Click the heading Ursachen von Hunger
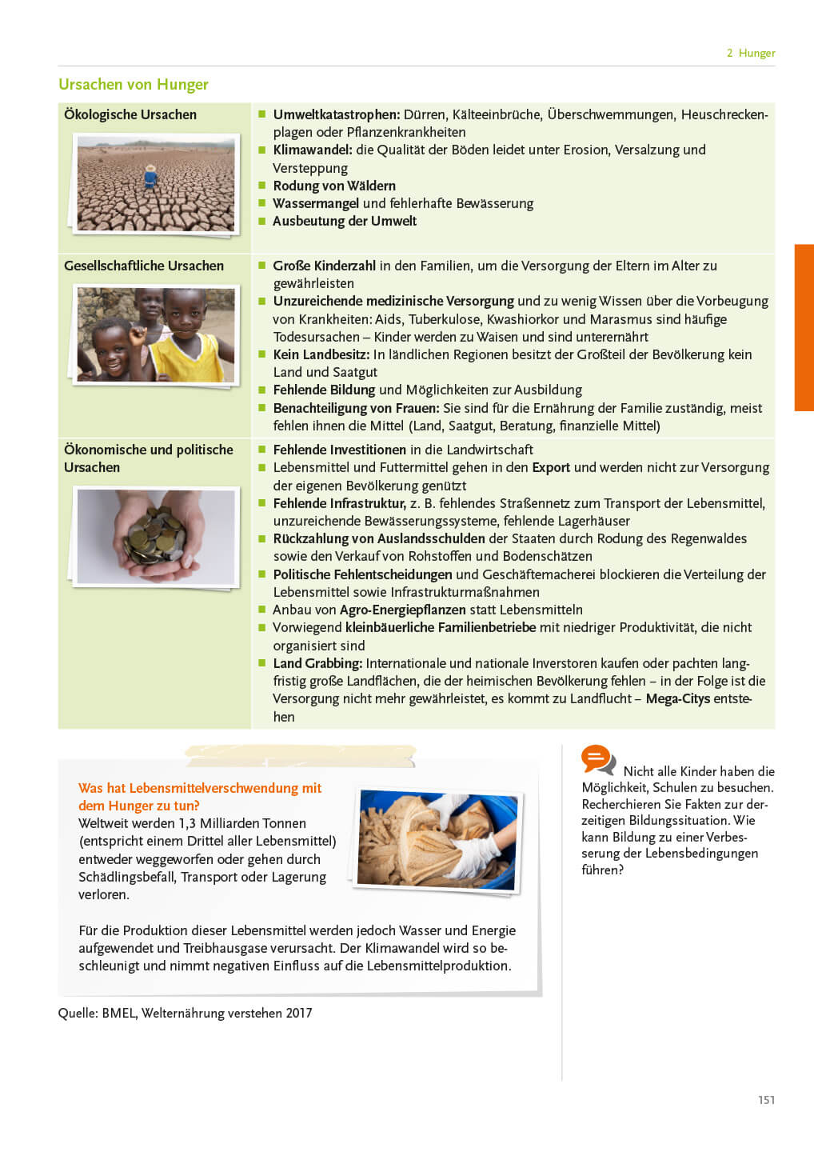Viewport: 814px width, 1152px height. (133, 85)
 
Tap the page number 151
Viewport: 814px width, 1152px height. (766, 1100)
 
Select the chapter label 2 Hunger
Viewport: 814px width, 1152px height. (750, 53)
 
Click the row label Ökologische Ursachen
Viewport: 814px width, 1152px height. (130, 114)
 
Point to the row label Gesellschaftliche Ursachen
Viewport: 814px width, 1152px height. (143, 266)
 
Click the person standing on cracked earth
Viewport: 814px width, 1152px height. (150, 177)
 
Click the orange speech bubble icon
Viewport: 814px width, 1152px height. (597, 758)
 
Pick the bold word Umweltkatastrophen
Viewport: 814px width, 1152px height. (336, 114)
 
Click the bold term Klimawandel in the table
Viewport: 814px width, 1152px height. (312, 150)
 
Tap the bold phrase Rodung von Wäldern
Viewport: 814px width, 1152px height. (333, 186)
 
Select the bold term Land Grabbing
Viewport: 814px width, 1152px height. (317, 663)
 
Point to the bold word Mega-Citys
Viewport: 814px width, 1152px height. (677, 698)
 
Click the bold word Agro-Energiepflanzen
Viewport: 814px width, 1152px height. (402, 610)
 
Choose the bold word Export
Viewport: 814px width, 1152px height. (551, 467)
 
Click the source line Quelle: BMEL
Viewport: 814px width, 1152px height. (185, 1013)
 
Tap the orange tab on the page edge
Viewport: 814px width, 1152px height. (804, 327)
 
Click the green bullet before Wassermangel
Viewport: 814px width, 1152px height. (261, 203)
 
